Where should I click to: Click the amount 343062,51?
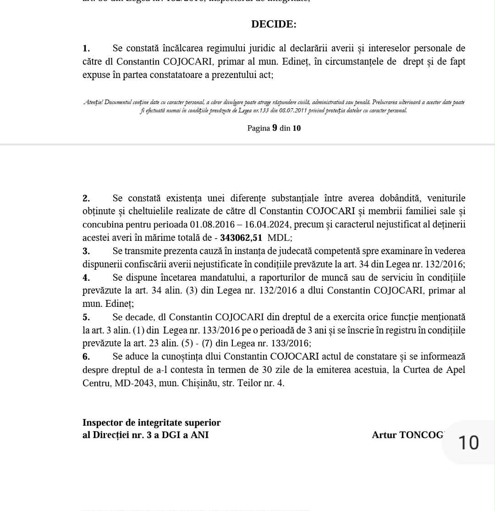click(x=241, y=238)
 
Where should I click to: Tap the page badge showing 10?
click(x=468, y=443)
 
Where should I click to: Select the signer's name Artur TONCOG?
click(x=407, y=435)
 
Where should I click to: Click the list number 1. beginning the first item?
click(x=86, y=49)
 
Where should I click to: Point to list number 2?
click(x=86, y=199)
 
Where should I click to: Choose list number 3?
click(x=86, y=251)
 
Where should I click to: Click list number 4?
click(x=86, y=278)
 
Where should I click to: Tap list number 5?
click(x=86, y=317)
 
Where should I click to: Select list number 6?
click(x=86, y=357)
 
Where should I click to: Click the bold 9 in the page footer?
click(x=275, y=128)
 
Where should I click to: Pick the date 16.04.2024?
click(x=267, y=225)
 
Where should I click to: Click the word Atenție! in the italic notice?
click(x=93, y=102)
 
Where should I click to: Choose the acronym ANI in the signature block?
click(x=199, y=435)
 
